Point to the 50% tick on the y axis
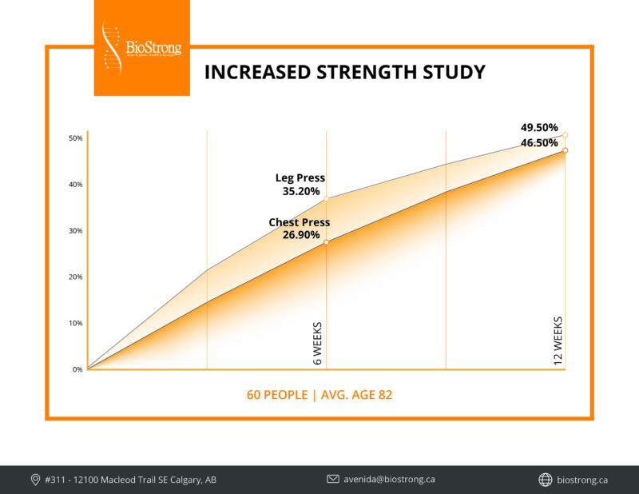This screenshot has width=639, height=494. tap(75, 138)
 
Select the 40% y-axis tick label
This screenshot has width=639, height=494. tap(75, 185)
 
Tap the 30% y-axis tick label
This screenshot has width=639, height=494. tap(75, 231)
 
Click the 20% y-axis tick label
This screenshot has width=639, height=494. tap(75, 277)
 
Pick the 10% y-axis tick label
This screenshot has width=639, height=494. tap(75, 324)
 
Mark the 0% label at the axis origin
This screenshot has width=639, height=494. tap(77, 369)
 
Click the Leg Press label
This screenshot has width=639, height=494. tap(300, 178)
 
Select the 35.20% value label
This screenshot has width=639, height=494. tap(300, 192)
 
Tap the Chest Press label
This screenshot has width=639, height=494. tap(300, 222)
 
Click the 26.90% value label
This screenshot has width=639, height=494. tap(300, 236)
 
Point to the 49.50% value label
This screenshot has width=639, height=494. tap(539, 128)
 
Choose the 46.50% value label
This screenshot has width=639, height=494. tap(539, 143)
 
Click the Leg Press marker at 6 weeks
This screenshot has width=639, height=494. tap(326, 198)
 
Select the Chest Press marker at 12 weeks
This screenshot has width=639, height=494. tap(565, 150)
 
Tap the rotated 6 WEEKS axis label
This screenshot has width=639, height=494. tap(318, 345)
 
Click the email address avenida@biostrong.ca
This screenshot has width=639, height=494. tap(389, 480)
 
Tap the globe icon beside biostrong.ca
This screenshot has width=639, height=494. tap(546, 480)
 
